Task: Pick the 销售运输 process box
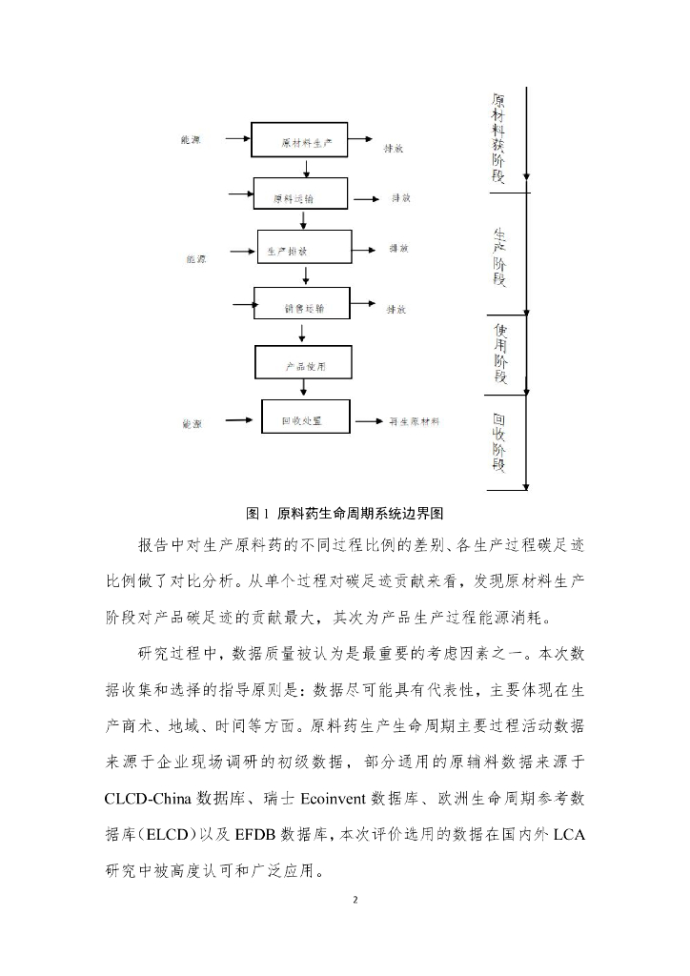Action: click(303, 307)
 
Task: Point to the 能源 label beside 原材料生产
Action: click(191, 140)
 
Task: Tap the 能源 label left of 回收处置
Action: click(192, 423)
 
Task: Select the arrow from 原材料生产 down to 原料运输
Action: click(305, 169)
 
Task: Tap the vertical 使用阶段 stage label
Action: click(501, 352)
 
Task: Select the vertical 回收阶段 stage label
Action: click(499, 442)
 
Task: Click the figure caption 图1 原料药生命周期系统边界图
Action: click(345, 513)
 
